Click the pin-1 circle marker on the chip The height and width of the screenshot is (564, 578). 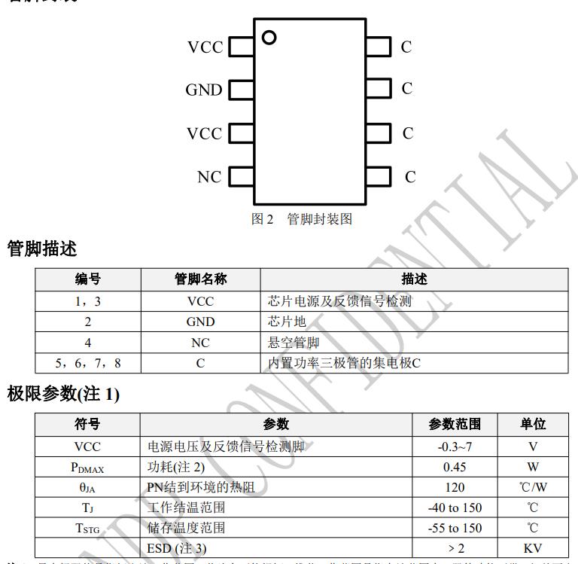pyautogui.click(x=269, y=36)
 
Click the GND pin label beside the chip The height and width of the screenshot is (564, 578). pyautogui.click(x=204, y=90)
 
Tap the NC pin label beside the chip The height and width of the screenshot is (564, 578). pyautogui.click(x=209, y=177)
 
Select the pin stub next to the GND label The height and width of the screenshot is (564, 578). pyautogui.click(x=240, y=90)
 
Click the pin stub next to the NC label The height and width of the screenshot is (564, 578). pyautogui.click(x=240, y=177)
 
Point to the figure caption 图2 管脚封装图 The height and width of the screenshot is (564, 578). pyautogui.click(x=301, y=219)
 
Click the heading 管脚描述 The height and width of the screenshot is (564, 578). pyautogui.click(x=42, y=248)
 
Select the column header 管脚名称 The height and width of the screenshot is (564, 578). pyautogui.click(x=200, y=279)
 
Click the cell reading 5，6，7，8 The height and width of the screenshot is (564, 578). pyautogui.click(x=88, y=363)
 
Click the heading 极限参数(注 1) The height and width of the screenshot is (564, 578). pyautogui.click(x=63, y=393)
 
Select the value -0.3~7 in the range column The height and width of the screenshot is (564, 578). pyautogui.click(x=455, y=447)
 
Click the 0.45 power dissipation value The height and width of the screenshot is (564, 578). pyautogui.click(x=455, y=467)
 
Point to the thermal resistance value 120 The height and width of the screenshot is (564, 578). pyautogui.click(x=455, y=487)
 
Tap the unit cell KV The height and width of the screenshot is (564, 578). pyautogui.click(x=533, y=548)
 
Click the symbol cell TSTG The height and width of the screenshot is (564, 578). pyautogui.click(x=87, y=528)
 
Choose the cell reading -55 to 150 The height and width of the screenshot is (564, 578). pyautogui.click(x=455, y=528)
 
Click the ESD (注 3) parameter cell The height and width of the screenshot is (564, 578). pyautogui.click(x=177, y=548)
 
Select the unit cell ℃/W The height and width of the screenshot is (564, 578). pyautogui.click(x=533, y=487)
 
